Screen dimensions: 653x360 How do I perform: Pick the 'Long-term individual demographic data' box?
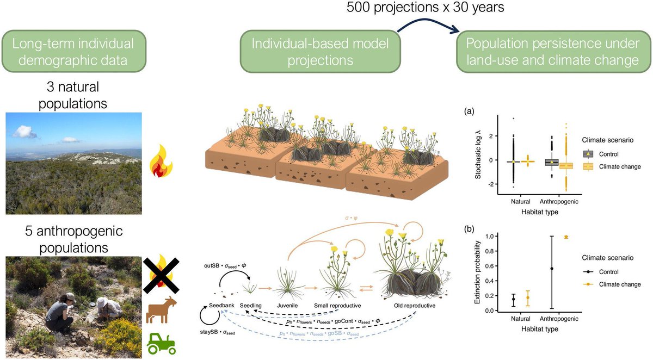tap(74, 53)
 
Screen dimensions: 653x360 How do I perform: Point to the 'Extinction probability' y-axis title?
tap(478, 271)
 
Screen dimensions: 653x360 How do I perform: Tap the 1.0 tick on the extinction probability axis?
tap(490, 237)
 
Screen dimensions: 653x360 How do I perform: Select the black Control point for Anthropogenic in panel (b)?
tap(551, 268)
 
